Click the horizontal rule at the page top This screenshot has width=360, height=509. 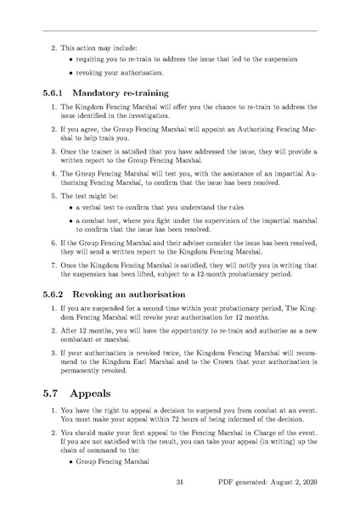pos(180,31)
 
